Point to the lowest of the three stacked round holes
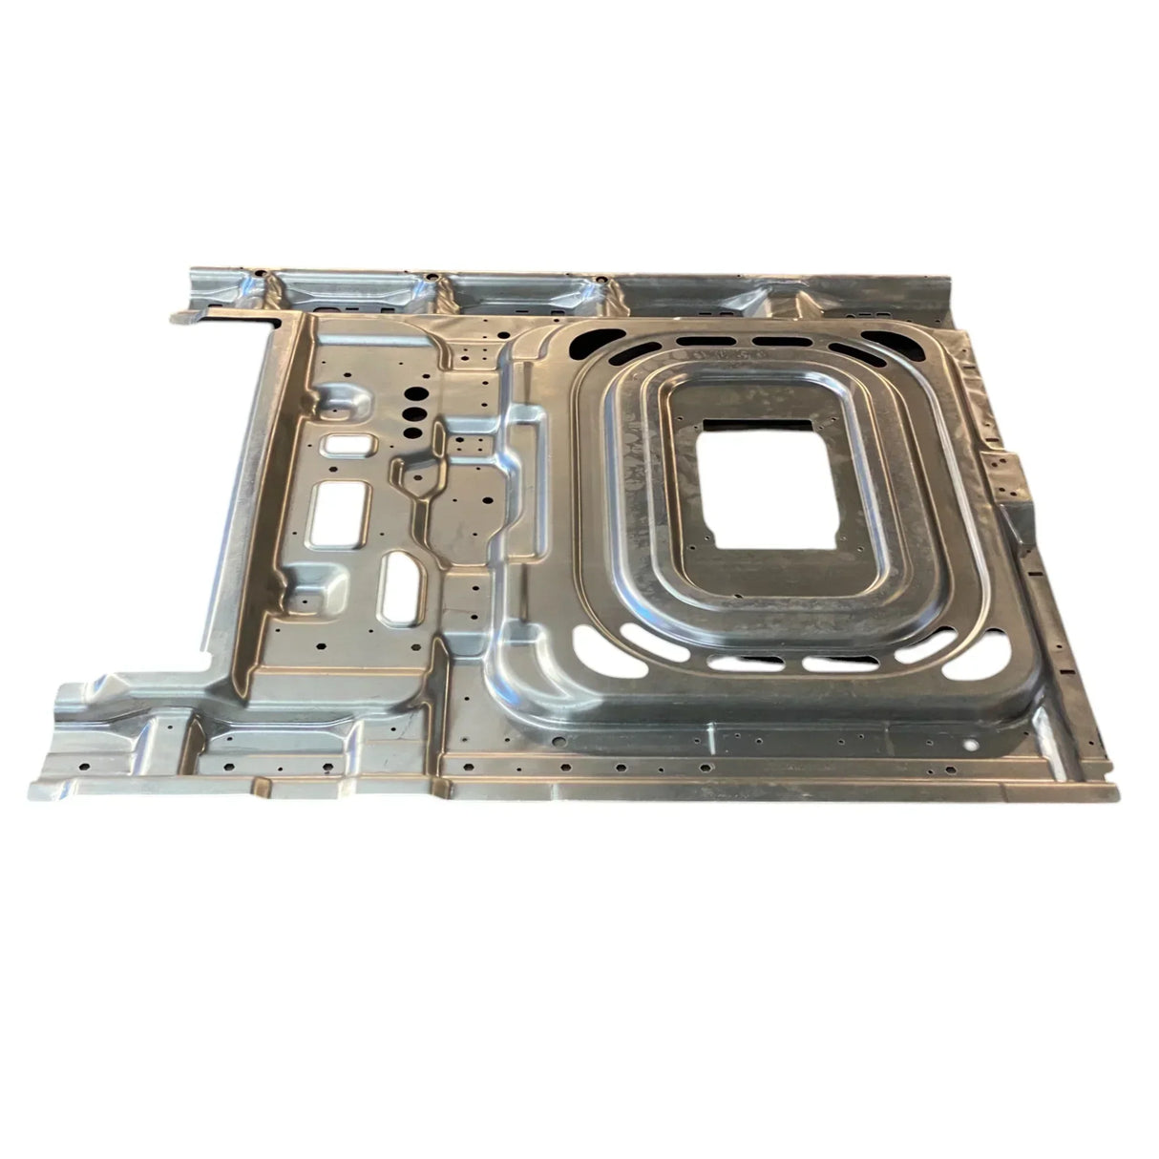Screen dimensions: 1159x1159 412,432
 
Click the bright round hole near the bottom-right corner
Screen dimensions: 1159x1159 971,742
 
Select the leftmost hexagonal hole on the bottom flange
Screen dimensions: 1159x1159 83,766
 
